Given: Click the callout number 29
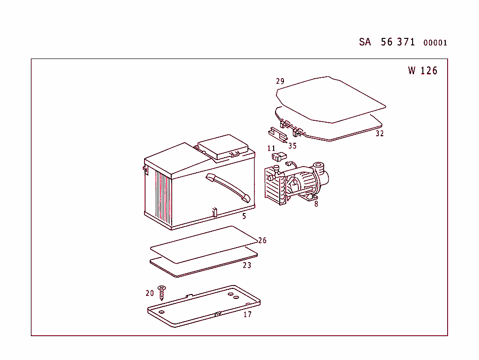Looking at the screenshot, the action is (280, 81).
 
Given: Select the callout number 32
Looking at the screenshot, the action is (380, 133).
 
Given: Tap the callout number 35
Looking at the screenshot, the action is (292, 146).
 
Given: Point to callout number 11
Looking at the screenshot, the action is (271, 148).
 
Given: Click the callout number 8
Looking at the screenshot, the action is (316, 204).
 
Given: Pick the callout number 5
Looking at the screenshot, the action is (244, 216).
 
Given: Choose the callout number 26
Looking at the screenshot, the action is (262, 241).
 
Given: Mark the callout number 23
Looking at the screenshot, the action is (247, 265).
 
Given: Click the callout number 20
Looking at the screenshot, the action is (150, 294).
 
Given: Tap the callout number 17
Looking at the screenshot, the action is (247, 315).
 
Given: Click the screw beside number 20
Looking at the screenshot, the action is (161, 293).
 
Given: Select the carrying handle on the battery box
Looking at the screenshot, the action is (228, 188).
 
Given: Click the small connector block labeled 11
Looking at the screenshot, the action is (279, 157).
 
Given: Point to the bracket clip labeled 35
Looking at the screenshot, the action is (278, 135).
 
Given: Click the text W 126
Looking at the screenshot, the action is (423, 71).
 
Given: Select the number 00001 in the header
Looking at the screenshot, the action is (435, 43).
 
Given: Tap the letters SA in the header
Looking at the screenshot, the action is (365, 42).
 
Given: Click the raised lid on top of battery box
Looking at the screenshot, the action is (223, 147).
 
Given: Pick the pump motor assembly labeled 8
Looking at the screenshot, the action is (297, 183).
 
